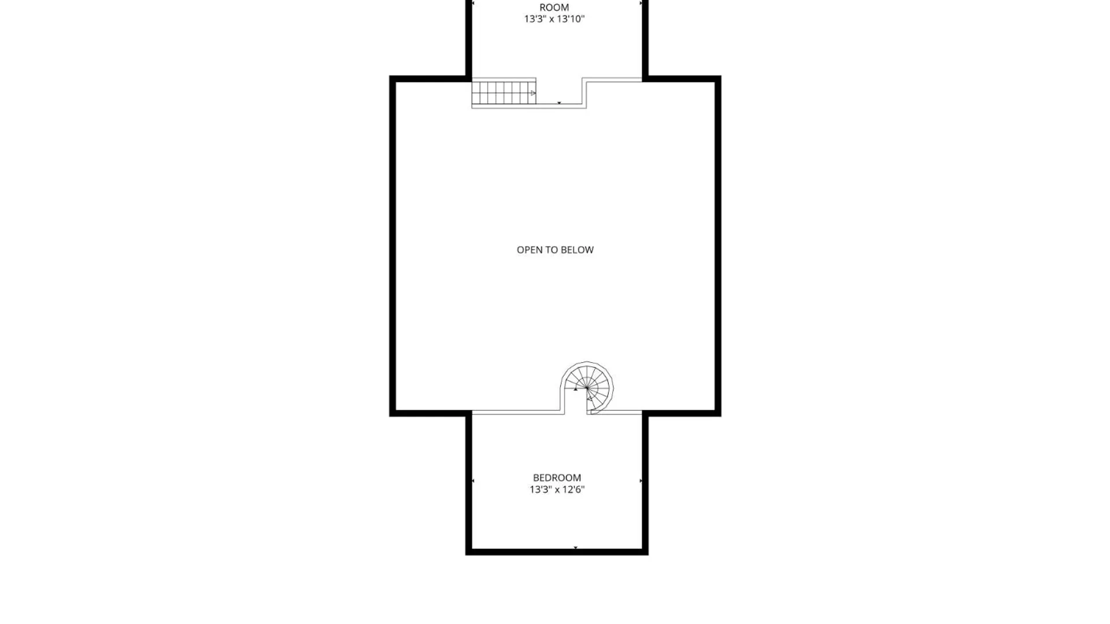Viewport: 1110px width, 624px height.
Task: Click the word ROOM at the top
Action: pos(554,8)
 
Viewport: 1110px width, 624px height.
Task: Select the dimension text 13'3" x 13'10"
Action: pos(554,19)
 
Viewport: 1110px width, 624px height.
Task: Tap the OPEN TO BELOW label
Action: pos(555,250)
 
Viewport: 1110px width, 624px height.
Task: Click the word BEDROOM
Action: pos(557,478)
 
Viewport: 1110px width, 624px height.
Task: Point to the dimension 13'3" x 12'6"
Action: pos(557,489)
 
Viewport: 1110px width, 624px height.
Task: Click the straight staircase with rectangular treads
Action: pos(504,92)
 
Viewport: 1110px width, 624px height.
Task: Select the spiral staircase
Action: pos(587,388)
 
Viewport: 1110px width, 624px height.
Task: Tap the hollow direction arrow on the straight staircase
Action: pos(533,93)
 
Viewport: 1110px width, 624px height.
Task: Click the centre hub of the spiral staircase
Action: pos(587,388)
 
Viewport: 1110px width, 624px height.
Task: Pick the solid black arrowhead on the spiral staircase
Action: pos(575,389)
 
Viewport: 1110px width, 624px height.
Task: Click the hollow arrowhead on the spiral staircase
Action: pos(590,398)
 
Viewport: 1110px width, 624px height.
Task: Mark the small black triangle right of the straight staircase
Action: pos(559,103)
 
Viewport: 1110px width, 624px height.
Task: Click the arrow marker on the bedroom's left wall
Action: pos(473,481)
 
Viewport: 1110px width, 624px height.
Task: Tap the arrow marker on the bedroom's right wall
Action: pos(641,481)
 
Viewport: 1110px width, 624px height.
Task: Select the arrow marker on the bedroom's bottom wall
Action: pos(575,547)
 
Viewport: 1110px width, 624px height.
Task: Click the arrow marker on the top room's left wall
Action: pos(473,3)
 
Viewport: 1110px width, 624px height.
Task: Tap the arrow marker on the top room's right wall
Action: pos(641,3)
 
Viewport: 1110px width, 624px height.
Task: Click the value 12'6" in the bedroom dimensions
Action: pos(573,489)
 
